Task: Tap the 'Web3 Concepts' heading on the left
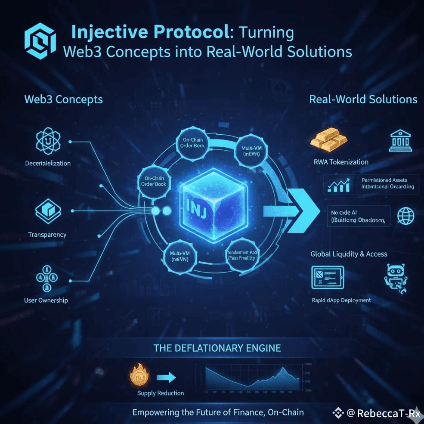pyautogui.click(x=64, y=99)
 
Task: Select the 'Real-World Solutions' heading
pyautogui.click(x=363, y=99)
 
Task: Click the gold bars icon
pyautogui.click(x=329, y=140)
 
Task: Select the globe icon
pyautogui.click(x=405, y=215)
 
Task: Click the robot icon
pyautogui.click(x=395, y=278)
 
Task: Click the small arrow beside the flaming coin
pyautogui.click(x=166, y=378)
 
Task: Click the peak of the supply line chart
pyautogui.click(x=283, y=369)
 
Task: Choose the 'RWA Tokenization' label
pyautogui.click(x=340, y=162)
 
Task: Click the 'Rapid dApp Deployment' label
pyautogui.click(x=341, y=300)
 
